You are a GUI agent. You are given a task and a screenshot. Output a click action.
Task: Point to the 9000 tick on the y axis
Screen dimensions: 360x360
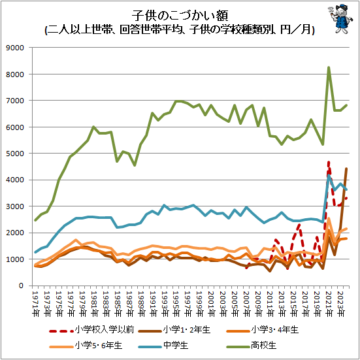coord(15,48)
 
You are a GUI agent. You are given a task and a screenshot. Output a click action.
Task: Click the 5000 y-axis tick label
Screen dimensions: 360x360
coord(15,153)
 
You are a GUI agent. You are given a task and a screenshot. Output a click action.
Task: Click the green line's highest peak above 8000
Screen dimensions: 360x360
coord(329,67)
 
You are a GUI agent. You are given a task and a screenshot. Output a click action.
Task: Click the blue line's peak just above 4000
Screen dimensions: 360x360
coord(329,176)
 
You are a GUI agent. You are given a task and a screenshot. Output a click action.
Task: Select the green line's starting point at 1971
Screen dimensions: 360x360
coord(35,220)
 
